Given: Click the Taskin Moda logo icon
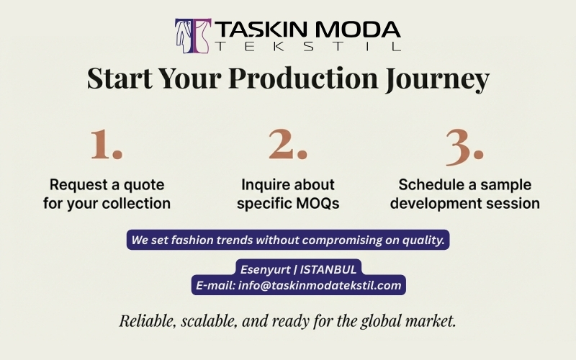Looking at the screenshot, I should tap(192, 35).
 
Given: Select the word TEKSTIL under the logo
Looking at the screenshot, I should tap(307, 47).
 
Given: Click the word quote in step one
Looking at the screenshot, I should tap(143, 184).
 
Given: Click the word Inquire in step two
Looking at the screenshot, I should tap(266, 184).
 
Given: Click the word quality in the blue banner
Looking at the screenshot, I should tap(419, 240).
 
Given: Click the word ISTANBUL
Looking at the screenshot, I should tap(329, 269).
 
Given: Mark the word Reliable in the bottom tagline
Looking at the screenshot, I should tap(145, 321).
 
